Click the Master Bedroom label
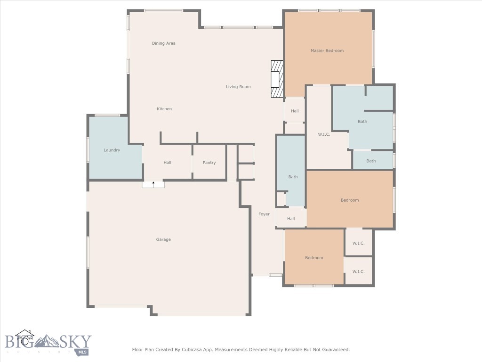(327, 50)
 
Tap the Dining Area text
(163, 43)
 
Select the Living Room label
(238, 87)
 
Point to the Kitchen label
(164, 109)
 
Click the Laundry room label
(112, 150)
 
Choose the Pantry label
(209, 163)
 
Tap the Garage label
(163, 239)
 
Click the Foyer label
(264, 214)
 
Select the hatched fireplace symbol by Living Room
(277, 79)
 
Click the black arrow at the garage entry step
(153, 183)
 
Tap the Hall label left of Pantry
(167, 163)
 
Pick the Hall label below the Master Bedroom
(295, 111)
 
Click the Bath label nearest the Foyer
(293, 177)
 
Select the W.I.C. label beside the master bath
(324, 134)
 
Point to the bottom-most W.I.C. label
(359, 271)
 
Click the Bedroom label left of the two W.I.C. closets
(314, 258)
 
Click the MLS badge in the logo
(82, 352)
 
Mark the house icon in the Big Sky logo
(24, 337)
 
